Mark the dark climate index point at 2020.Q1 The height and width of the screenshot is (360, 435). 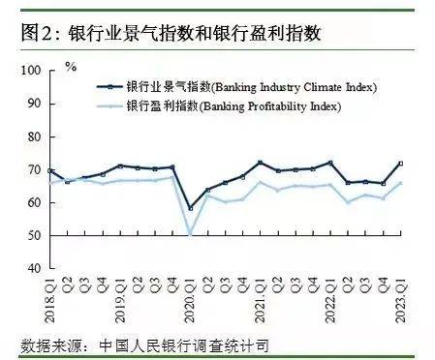(x=191, y=208)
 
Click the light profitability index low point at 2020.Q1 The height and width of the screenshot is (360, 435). (x=191, y=234)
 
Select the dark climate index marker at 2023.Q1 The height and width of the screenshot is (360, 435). (x=400, y=164)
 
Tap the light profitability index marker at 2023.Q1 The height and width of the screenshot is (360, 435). (x=400, y=182)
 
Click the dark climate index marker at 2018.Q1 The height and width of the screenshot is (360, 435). (x=50, y=171)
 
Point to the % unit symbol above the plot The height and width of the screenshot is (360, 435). (x=70, y=67)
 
